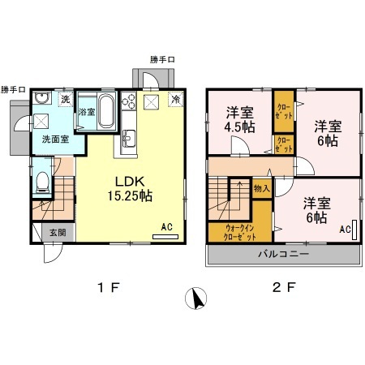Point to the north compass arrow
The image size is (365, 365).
(195, 299)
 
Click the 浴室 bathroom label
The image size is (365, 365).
(86, 110)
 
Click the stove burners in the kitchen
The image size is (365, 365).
(128, 103)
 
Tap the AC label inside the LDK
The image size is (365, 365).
(166, 226)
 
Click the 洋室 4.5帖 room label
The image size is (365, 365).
(242, 121)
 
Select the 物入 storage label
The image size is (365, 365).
(261, 188)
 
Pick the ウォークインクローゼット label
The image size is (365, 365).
(240, 233)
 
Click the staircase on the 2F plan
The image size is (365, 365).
(228, 200)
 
